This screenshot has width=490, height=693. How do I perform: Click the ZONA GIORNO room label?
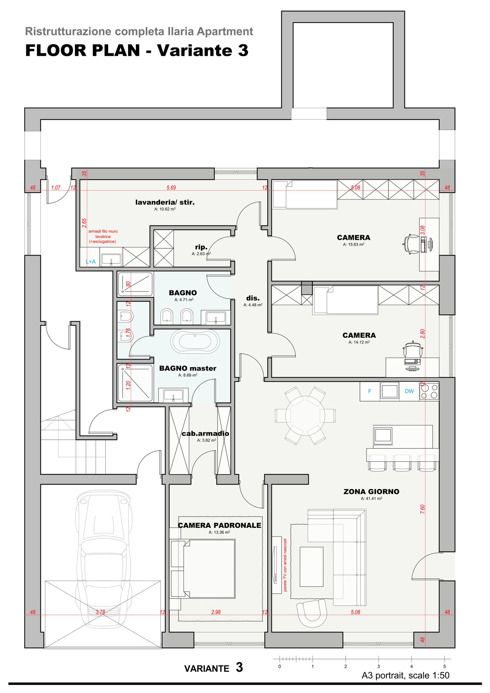[x=371, y=492]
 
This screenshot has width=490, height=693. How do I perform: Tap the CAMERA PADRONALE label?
[x=220, y=525]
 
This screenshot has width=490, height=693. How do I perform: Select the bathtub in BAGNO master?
[x=195, y=341]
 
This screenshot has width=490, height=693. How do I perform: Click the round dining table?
[x=305, y=416]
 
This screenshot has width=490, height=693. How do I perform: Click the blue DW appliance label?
[x=409, y=391]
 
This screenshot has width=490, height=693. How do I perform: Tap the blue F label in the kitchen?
[x=369, y=391]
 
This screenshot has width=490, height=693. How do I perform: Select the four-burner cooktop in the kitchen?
[x=429, y=391]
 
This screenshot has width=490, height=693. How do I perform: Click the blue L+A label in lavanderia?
[x=90, y=262]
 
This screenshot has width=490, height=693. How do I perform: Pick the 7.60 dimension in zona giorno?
[x=422, y=509]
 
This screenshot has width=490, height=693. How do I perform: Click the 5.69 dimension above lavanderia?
[x=171, y=188]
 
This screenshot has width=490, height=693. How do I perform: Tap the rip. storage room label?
[x=201, y=247]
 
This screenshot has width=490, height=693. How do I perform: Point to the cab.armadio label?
[x=205, y=434]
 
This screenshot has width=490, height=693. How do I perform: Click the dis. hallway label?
[x=253, y=298]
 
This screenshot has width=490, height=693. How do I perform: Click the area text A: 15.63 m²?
[x=353, y=244]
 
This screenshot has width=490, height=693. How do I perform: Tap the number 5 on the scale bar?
[x=444, y=667]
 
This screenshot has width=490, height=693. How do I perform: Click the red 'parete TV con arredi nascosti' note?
[x=285, y=565]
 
